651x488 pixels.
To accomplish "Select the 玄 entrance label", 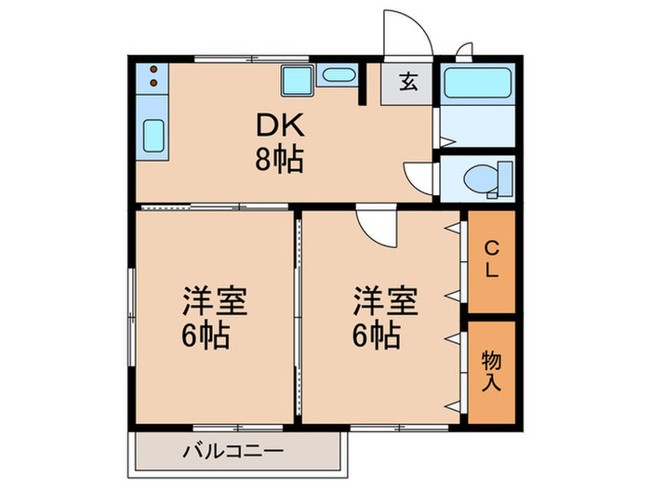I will click(408, 82).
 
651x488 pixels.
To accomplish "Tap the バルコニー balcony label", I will click(231, 455).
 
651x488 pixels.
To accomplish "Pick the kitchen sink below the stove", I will click(153, 137).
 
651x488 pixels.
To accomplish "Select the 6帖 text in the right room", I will click(378, 334).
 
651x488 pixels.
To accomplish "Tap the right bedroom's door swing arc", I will click(375, 227).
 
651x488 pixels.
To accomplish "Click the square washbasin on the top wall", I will click(297, 80).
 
